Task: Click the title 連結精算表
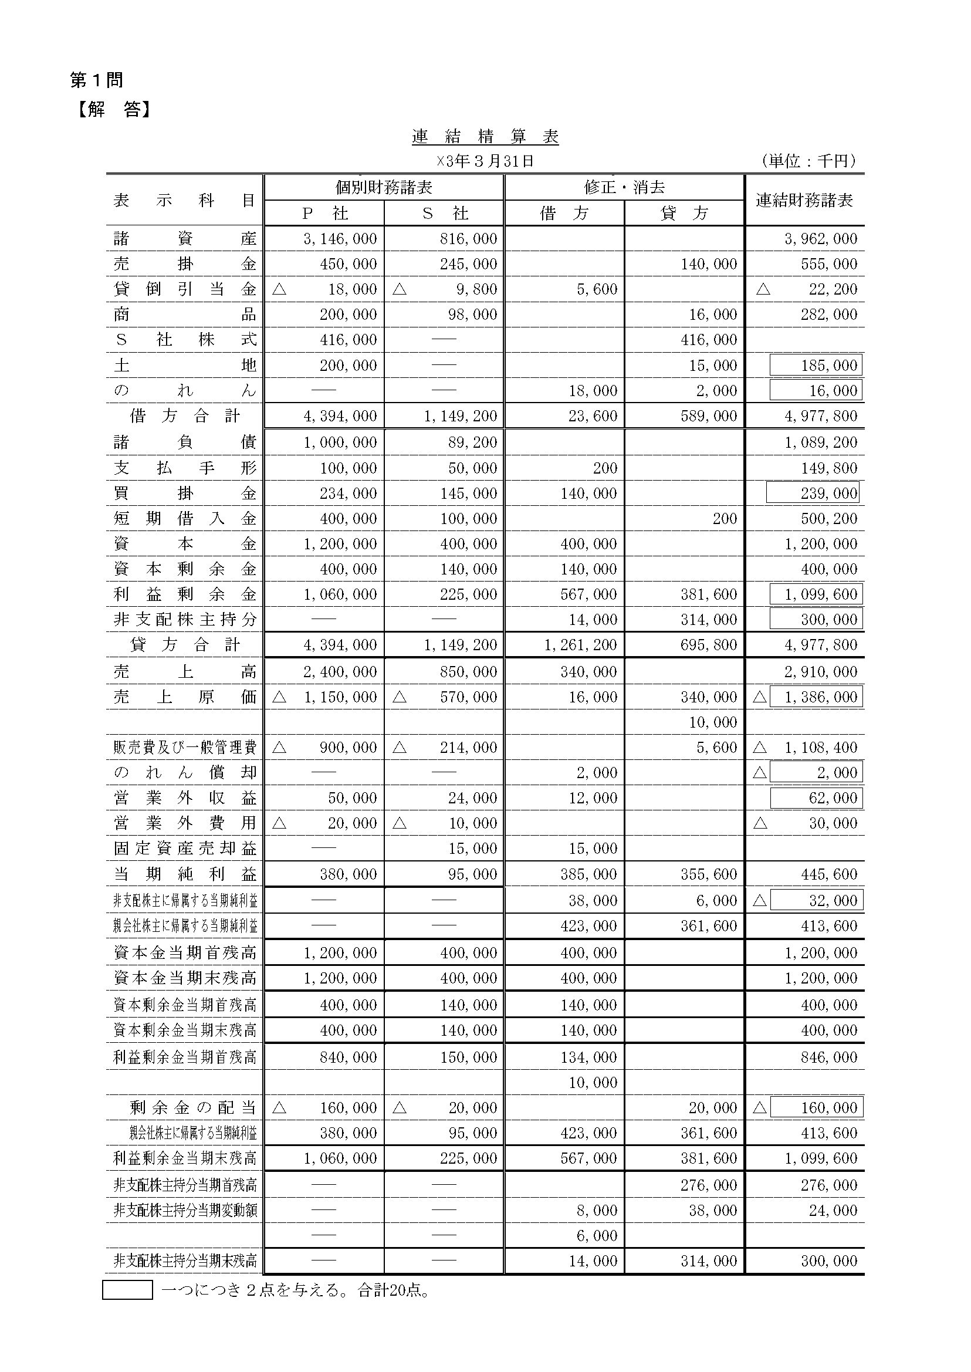point(485,137)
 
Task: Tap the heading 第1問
point(97,80)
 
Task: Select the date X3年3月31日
point(485,161)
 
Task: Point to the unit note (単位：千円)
point(809,161)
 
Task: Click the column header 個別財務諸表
point(383,188)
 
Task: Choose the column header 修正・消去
point(624,188)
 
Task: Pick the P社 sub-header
point(324,214)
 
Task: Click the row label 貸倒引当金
point(184,289)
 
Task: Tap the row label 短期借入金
point(184,519)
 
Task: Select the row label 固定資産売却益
point(184,849)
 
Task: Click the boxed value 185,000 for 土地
point(816,366)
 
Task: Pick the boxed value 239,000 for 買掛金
point(813,494)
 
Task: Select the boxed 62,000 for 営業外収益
point(816,798)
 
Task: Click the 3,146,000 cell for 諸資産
point(340,239)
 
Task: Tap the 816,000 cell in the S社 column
point(468,239)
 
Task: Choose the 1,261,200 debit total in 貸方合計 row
point(580,646)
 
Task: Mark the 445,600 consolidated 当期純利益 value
point(828,874)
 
